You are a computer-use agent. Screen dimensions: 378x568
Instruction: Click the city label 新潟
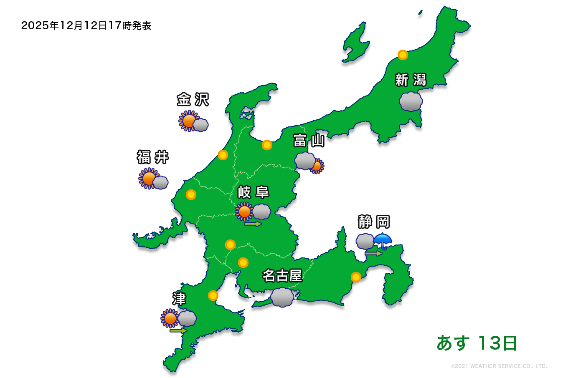[411, 80]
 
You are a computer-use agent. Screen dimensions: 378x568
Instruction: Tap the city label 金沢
[193, 100]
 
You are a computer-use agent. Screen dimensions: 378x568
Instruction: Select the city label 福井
[153, 157]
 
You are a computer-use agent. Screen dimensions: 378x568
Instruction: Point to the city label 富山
[309, 141]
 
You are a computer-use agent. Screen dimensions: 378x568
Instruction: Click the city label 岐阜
[253, 192]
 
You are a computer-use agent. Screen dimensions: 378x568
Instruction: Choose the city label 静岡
[374, 222]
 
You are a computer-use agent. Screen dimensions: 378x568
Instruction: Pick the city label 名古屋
[282, 276]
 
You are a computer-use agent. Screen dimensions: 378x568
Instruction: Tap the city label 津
[179, 299]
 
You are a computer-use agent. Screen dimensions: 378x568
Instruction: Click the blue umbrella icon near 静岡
[383, 241]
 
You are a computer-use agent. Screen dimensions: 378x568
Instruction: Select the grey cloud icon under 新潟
[411, 102]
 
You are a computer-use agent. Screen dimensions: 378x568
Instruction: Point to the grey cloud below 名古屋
[282, 297]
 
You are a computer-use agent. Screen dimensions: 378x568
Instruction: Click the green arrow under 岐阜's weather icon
[253, 224]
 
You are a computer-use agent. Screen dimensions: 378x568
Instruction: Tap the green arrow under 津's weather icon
[178, 330]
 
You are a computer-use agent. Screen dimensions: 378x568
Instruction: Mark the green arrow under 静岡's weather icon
[373, 253]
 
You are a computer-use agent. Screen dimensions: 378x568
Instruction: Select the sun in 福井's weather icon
[148, 178]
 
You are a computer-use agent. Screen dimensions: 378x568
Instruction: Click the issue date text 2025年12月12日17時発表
[86, 26]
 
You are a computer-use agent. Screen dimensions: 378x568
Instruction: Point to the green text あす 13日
[477, 343]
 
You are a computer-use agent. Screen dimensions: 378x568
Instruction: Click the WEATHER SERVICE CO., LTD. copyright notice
[499, 366]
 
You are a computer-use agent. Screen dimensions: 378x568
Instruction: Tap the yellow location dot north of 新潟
[403, 55]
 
